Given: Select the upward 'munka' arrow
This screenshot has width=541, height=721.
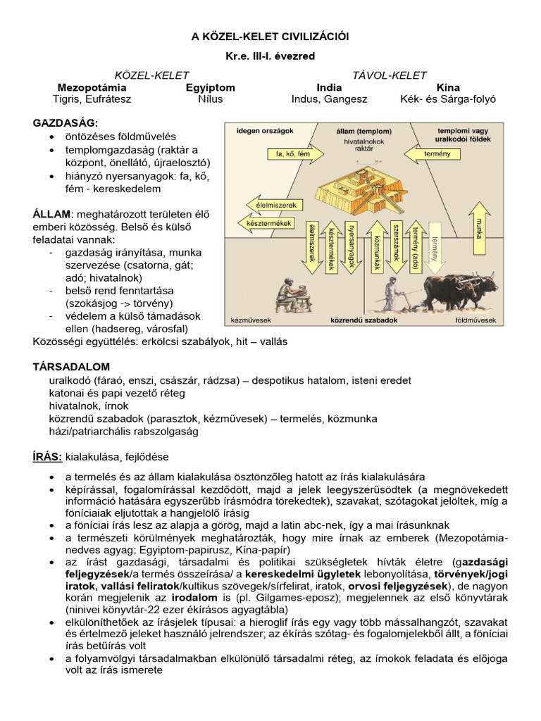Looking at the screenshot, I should (x=481, y=227).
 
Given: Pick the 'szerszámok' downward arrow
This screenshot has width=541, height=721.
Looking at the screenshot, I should (x=397, y=246).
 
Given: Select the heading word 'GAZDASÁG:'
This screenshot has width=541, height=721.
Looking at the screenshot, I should (x=66, y=123).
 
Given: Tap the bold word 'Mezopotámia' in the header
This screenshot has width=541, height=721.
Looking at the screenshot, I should (x=92, y=87).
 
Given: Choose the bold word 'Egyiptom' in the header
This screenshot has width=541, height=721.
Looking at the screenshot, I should (x=211, y=87).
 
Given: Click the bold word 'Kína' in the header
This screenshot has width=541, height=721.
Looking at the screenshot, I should (x=448, y=87).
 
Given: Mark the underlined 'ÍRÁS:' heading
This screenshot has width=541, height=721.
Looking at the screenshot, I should (x=49, y=457).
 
